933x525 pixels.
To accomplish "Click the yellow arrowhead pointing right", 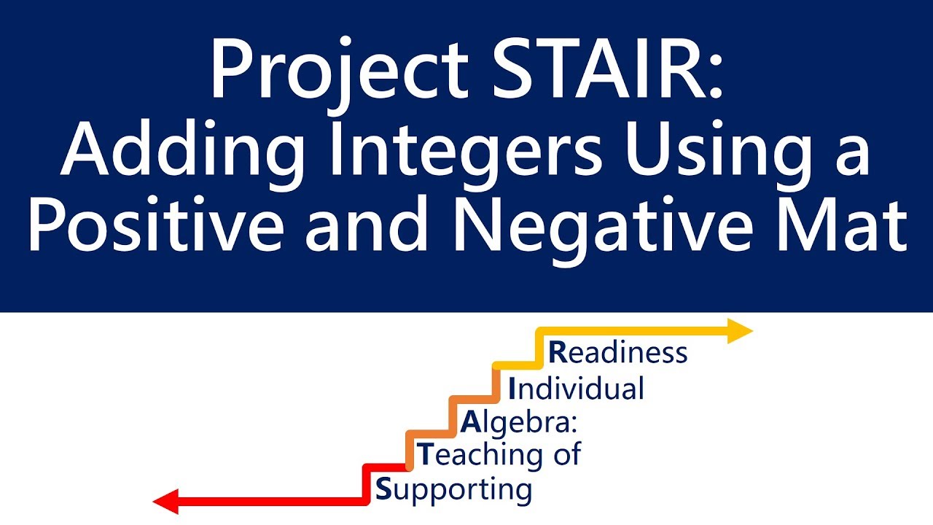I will pos(740,332).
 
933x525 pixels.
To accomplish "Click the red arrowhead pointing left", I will pos(166,502).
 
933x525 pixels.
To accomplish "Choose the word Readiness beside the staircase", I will pos(618,353).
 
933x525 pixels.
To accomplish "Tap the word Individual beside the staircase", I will pos(577,388).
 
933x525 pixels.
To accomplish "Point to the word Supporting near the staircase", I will pos(453,489).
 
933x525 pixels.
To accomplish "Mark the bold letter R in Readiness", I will pos(557,353).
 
